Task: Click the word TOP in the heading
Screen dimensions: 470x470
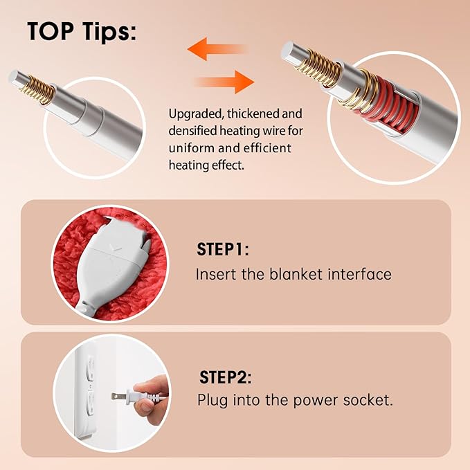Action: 51,31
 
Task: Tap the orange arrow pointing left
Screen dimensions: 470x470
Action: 217,49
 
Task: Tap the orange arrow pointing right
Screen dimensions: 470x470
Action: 224,82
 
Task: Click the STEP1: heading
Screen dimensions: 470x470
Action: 223,249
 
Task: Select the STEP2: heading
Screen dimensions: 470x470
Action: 225,377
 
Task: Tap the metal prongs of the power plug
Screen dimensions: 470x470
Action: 118,396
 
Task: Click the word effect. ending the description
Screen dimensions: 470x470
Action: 228,165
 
